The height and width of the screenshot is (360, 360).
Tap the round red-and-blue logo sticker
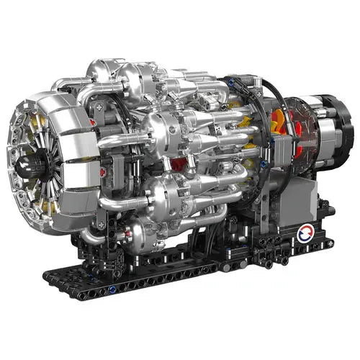pyautogui.click(x=306, y=233)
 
